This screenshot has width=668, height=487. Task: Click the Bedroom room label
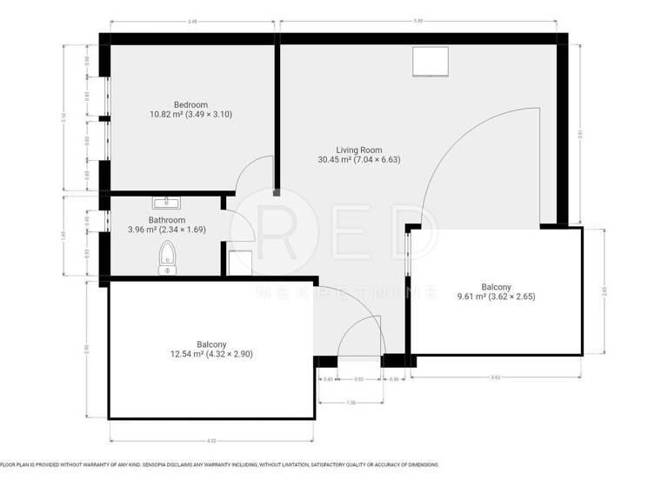tap(190, 104)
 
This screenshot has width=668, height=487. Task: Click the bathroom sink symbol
tap(165, 203)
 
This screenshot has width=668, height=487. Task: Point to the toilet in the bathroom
tap(167, 259)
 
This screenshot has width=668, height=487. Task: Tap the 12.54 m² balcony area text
tap(213, 354)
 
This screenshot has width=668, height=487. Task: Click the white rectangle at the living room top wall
tap(430, 62)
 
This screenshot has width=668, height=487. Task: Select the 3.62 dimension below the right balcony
tap(496, 377)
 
